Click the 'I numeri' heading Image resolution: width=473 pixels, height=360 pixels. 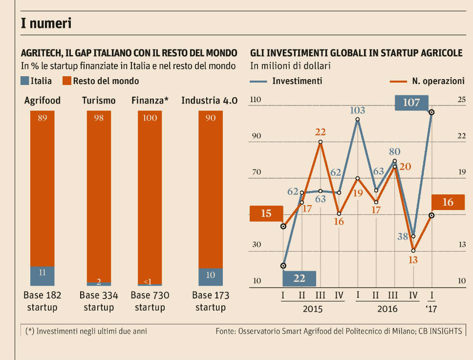click(46, 23)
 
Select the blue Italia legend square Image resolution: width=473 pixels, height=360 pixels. click(24, 81)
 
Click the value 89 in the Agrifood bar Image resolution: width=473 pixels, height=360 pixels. click(42, 118)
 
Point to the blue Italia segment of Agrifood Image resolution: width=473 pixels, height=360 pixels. click(42, 276)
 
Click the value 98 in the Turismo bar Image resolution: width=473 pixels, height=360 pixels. click(99, 118)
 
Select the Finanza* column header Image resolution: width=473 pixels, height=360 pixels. click(150, 101)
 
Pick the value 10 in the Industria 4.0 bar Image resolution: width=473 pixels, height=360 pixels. click(210, 275)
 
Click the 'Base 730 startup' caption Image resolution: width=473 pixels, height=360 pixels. click(150, 301)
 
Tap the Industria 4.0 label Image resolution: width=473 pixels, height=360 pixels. click(209, 101)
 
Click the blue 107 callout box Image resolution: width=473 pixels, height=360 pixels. click(411, 103)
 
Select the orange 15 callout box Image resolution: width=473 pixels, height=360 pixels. click(266, 213)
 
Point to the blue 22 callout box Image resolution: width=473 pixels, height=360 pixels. click(299, 278)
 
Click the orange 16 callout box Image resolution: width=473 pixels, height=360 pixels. click(448, 202)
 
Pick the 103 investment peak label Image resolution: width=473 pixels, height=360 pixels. click(358, 110)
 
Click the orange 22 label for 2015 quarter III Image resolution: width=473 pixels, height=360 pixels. click(320, 132)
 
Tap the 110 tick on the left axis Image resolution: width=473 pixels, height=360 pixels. click(256, 100)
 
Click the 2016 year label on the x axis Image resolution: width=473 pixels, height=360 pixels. click(387, 309)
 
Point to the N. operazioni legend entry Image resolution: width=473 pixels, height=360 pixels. click(429, 81)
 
